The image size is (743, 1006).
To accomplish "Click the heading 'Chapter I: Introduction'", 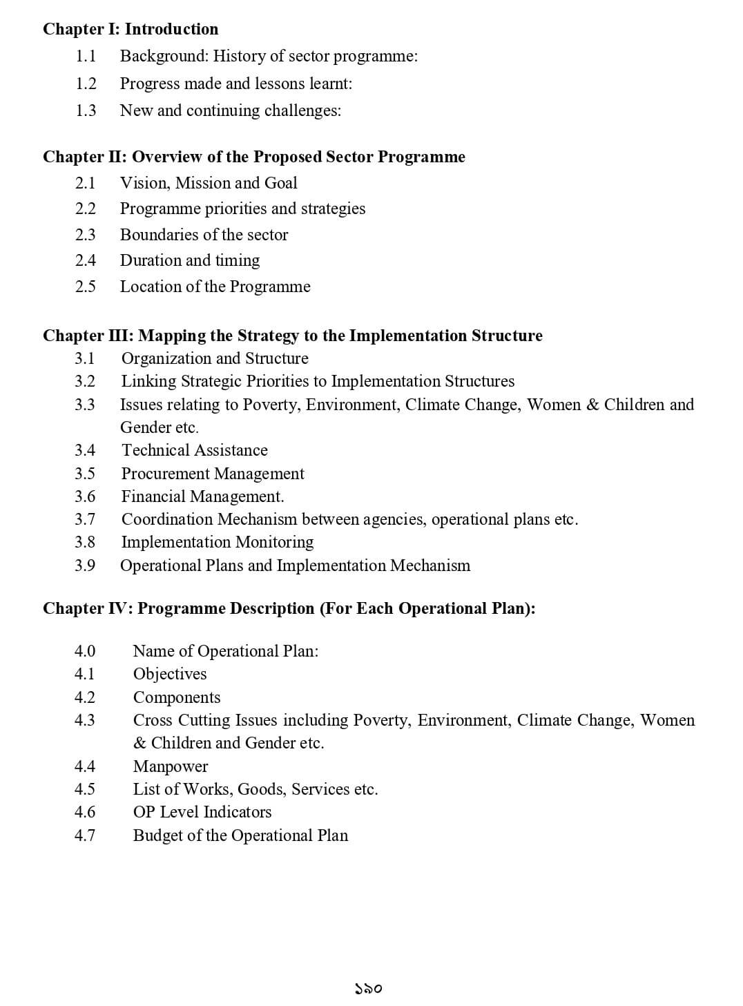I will [131, 29].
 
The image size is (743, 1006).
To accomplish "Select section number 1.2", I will [86, 84].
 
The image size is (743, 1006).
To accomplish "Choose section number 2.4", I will [86, 260].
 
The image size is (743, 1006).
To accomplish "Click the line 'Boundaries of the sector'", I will [204, 235].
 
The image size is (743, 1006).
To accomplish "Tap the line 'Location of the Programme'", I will [215, 287].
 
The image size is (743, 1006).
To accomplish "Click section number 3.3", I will [85, 405].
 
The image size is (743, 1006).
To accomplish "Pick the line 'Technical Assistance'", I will [195, 450].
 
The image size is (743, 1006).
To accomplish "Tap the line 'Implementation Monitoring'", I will [217, 542].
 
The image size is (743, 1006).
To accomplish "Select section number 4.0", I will [85, 651].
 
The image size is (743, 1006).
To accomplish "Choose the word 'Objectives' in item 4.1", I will [170, 674].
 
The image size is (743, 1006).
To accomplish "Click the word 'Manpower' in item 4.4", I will [170, 766].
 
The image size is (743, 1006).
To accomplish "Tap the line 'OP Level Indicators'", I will [202, 812].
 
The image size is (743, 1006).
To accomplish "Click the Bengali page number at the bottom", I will [369, 989].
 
